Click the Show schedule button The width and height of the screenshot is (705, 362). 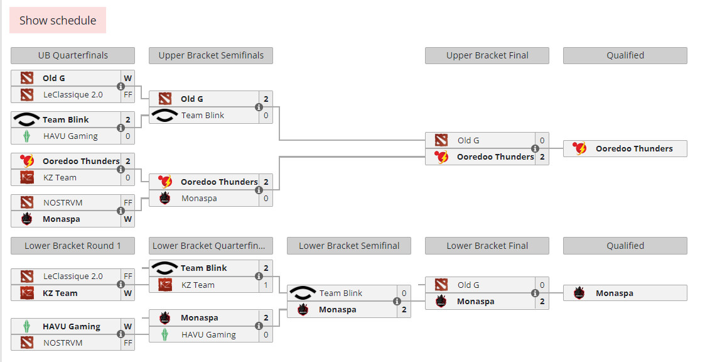[58, 20]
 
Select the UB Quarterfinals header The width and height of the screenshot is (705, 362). [73, 55]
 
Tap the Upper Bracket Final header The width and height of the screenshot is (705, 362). [487, 55]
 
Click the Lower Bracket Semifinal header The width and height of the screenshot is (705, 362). [349, 246]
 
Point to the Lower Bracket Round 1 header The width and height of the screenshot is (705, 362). [73, 246]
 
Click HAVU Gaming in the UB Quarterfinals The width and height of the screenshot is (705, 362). [70, 136]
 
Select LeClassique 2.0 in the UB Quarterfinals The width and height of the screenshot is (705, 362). [73, 94]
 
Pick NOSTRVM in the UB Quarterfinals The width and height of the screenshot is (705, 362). [63, 202]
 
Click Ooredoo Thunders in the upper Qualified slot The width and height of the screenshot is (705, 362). [634, 148]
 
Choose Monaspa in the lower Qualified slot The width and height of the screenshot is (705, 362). [614, 293]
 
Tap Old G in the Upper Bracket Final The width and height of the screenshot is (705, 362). [468, 140]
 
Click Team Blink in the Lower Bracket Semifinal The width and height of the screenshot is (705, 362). [340, 293]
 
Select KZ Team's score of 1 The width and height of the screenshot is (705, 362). [266, 285]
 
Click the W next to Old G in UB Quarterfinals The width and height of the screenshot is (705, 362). [128, 78]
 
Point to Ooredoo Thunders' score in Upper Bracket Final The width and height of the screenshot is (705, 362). [542, 156]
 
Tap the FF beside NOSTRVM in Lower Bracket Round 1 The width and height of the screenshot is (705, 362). [128, 343]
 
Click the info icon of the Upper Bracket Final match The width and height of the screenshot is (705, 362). [535, 148]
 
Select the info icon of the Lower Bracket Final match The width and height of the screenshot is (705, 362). [535, 293]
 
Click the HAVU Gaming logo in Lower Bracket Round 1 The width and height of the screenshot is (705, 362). [26, 326]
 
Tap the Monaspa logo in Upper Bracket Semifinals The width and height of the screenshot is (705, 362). [164, 198]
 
